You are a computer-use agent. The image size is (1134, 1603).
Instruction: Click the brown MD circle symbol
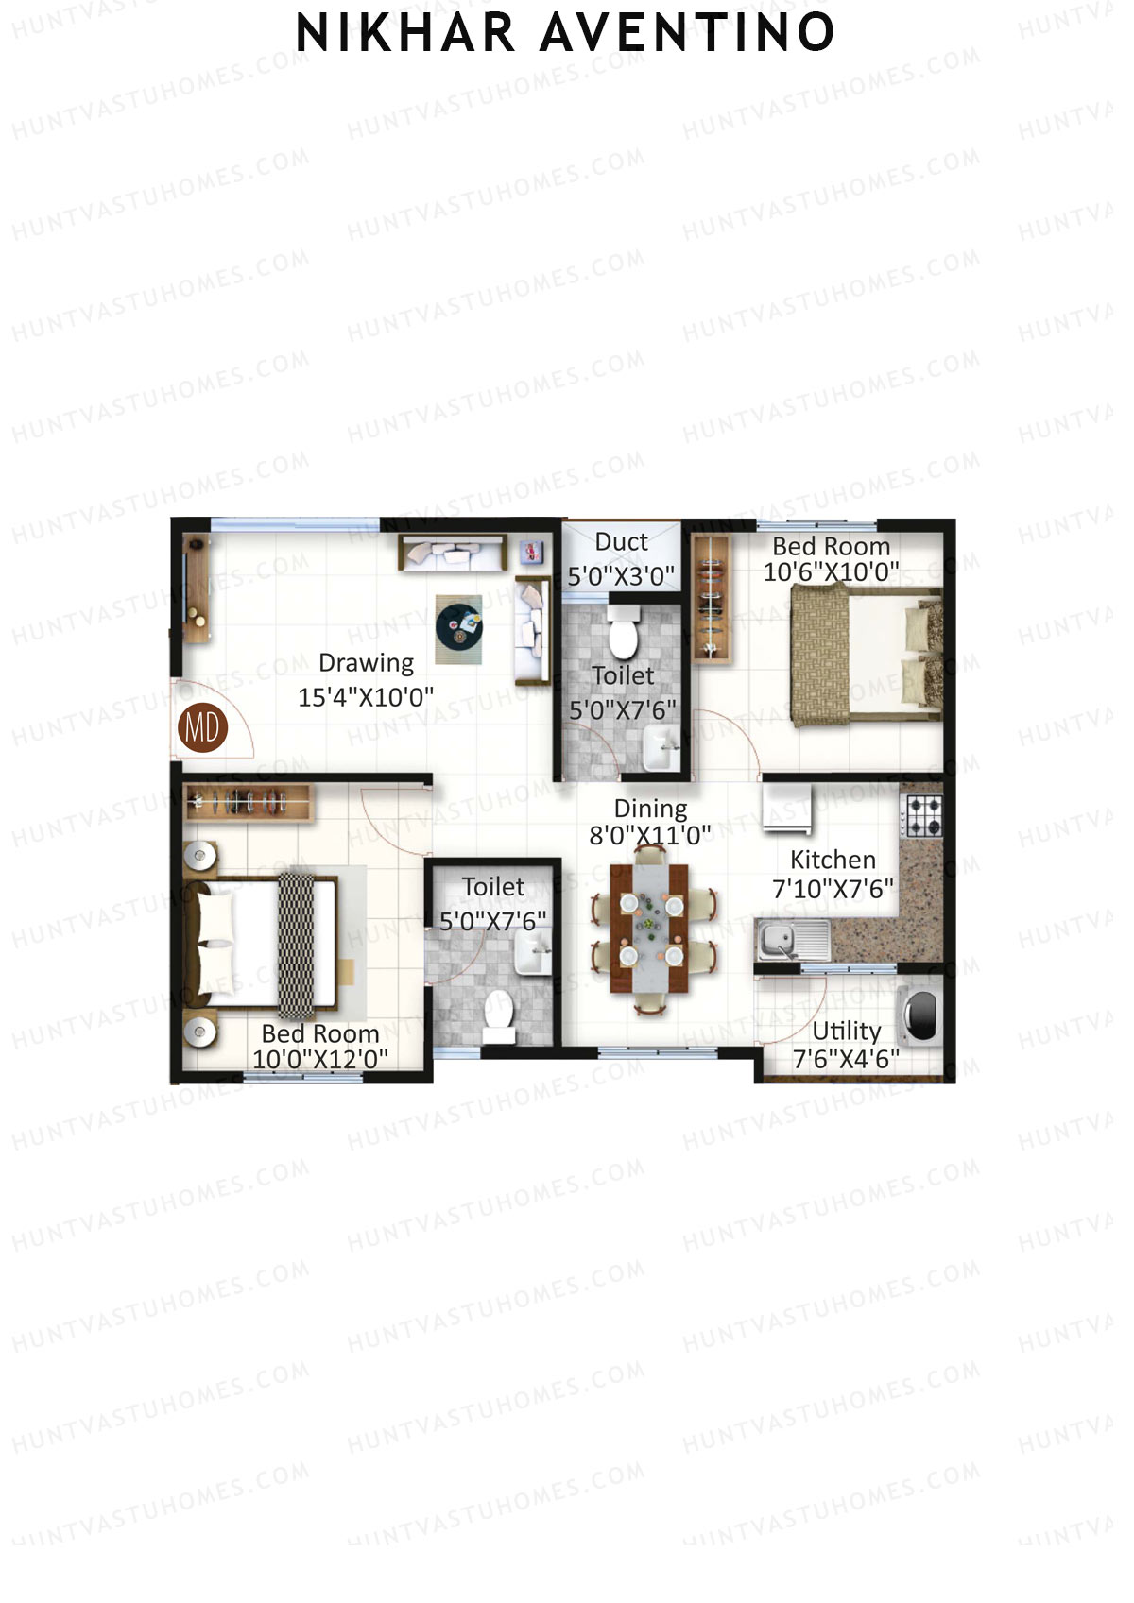click(x=202, y=727)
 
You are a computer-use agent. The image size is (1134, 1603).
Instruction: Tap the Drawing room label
click(x=366, y=663)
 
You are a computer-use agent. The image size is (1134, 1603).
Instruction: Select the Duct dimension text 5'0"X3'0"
click(x=621, y=575)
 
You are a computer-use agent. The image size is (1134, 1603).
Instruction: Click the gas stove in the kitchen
click(x=923, y=816)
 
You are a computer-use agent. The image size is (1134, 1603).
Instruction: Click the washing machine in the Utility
click(x=919, y=1015)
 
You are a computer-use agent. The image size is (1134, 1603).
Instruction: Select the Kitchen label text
click(x=833, y=860)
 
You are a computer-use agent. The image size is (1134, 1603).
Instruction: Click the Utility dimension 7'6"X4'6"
click(x=846, y=1059)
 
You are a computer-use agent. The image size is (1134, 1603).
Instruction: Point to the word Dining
click(x=650, y=809)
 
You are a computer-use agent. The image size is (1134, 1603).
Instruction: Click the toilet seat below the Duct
click(x=623, y=635)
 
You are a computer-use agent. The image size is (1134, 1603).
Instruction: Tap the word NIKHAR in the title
click(x=405, y=33)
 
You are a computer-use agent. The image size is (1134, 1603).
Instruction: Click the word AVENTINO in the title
click(x=687, y=33)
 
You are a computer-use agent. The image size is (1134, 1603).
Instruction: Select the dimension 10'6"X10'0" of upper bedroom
click(x=831, y=571)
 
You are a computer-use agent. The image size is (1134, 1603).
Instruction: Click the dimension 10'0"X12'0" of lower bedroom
click(x=320, y=1059)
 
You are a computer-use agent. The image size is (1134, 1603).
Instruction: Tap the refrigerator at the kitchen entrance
click(x=787, y=808)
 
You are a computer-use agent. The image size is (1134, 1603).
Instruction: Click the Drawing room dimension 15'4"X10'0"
click(x=366, y=697)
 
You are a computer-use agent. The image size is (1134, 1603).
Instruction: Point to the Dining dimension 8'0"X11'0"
click(x=650, y=835)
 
